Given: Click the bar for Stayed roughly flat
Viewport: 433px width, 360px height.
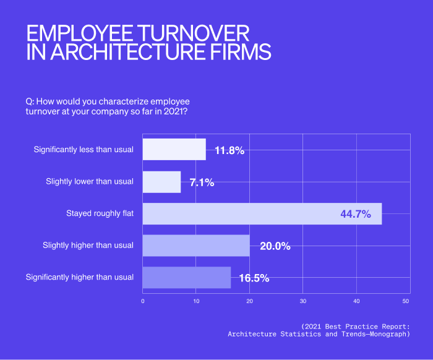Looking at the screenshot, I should (x=262, y=213).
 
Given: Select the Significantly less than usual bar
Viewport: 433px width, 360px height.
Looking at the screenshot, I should (x=174, y=150).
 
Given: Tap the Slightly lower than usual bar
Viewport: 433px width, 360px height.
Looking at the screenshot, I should (x=161, y=182).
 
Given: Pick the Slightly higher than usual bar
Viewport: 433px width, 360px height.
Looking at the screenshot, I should (x=195, y=246).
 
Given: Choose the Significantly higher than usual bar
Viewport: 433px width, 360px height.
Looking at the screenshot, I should (x=186, y=277).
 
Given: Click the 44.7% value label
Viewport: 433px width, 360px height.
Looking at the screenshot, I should (x=355, y=214).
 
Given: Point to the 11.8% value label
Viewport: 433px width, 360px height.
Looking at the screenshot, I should (x=229, y=150).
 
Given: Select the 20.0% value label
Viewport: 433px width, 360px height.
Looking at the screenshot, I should (x=275, y=246).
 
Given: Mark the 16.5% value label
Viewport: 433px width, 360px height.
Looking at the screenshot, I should (x=254, y=278).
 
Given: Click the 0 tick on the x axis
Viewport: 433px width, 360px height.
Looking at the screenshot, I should (x=143, y=301).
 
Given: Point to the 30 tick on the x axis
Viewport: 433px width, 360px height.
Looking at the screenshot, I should (x=303, y=301).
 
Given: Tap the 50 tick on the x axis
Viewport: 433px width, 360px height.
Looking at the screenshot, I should (x=406, y=301).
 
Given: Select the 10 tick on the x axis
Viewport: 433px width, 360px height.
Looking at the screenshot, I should (x=196, y=301).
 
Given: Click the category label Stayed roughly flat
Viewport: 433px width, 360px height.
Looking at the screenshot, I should (x=100, y=213).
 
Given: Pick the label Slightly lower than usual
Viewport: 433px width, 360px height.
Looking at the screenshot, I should (x=90, y=182).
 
